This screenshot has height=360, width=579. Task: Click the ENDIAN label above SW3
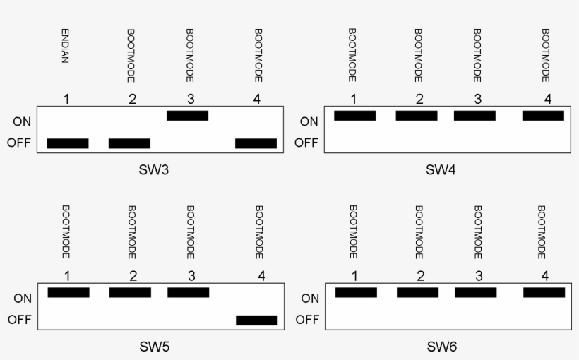(65, 47)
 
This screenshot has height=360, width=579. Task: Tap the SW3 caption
(153, 170)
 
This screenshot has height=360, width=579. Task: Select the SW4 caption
(441, 170)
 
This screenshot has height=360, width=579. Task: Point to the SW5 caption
(153, 347)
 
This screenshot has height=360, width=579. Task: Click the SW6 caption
(442, 347)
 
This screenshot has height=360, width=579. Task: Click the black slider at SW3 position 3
(188, 116)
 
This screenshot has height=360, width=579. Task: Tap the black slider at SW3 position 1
(68, 143)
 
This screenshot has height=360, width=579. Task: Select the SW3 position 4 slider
(256, 143)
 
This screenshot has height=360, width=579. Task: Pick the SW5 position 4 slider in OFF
(256, 320)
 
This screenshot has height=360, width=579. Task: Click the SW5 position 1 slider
(68, 292)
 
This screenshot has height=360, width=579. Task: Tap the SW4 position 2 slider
(417, 116)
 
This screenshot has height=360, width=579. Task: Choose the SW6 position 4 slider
(544, 292)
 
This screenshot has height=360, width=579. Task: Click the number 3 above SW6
(478, 275)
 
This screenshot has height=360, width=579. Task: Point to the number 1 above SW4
(352, 99)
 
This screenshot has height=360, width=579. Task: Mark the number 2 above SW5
(132, 275)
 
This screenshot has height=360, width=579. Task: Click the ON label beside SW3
(21, 121)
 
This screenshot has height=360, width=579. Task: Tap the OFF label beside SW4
(306, 143)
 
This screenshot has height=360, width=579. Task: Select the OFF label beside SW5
(19, 319)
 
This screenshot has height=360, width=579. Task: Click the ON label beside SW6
(310, 298)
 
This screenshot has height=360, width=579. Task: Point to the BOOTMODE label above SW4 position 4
(545, 55)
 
